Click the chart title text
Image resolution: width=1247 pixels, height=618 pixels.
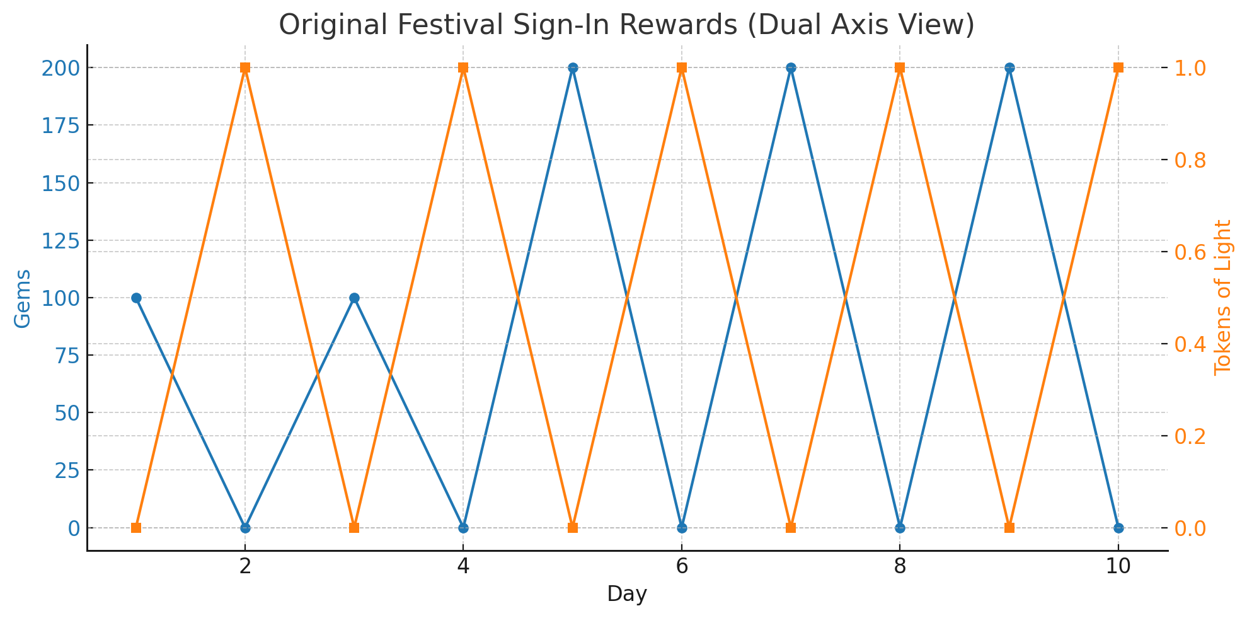point(626,25)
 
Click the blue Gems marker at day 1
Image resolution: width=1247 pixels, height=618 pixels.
point(136,298)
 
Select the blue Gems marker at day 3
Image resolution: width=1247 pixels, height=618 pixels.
point(354,298)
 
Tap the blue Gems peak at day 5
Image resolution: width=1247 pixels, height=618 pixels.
point(573,67)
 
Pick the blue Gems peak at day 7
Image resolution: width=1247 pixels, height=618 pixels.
point(791,67)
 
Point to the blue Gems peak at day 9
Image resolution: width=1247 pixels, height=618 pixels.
point(1009,67)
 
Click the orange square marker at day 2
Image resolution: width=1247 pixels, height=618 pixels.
point(245,67)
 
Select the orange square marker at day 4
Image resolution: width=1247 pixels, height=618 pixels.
point(463,67)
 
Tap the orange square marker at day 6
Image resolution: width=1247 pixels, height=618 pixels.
point(682,67)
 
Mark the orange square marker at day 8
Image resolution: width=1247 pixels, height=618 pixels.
point(900,67)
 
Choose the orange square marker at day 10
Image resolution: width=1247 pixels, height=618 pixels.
point(1118,67)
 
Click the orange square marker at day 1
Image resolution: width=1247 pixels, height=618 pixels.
point(136,528)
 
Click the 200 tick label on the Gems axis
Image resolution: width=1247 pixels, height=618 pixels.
point(60,68)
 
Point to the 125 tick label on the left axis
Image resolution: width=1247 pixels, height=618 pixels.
point(60,241)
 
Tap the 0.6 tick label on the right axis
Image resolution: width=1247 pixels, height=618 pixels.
point(1190,252)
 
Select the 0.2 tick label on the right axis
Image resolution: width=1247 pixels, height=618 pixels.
point(1190,436)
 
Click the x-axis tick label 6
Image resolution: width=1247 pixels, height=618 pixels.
point(682,567)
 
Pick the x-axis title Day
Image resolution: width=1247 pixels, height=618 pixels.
point(627,594)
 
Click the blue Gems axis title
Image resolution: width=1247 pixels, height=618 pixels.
point(23,298)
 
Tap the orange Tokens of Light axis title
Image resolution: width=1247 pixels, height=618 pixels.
point(1223,297)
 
